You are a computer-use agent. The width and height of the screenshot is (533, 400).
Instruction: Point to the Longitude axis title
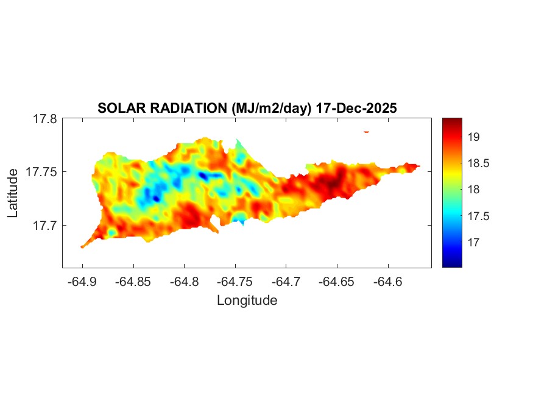coord(247,300)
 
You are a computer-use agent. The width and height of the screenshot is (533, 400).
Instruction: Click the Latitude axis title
coord(13,193)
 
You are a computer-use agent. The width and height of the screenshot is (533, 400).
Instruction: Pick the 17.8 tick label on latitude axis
coord(45,119)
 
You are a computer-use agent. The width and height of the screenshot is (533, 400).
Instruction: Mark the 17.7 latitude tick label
coord(45,225)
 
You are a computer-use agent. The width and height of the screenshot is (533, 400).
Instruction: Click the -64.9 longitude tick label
coord(82,282)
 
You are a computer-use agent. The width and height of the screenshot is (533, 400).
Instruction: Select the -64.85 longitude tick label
coord(133,282)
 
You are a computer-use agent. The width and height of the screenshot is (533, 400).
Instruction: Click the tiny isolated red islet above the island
coord(366,131)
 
